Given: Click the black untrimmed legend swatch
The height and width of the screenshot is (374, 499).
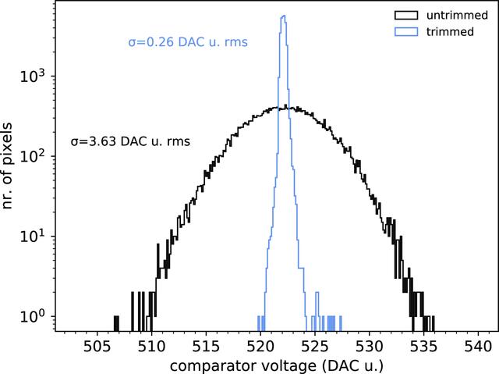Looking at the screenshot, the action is tap(406, 16).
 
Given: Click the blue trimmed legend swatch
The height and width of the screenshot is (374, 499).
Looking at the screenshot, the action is tap(406, 31).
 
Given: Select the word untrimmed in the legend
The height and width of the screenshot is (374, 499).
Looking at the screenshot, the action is tap(457, 16).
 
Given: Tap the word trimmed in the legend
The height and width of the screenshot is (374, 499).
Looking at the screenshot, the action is tap(450, 31).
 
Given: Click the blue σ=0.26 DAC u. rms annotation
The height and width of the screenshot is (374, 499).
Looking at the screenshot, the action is tap(188, 42).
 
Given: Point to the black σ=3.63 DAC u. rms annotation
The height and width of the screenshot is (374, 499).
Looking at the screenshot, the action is tap(130, 141).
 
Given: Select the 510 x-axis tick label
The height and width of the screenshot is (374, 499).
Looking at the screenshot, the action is tap(151, 347).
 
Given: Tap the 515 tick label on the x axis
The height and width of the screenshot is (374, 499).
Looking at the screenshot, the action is tap(206, 347).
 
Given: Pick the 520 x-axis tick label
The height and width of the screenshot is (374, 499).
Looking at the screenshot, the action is tap(260, 347).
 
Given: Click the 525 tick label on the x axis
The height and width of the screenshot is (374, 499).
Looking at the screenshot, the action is tap(315, 347).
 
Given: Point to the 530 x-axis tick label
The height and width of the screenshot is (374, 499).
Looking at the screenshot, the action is tap(369, 347).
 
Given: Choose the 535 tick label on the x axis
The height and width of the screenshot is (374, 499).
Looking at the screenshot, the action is tap(423, 347).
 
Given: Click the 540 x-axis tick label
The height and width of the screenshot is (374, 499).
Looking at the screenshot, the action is tap(478, 347).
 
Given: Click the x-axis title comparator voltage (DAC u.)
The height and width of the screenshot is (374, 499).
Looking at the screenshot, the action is tap(277, 365).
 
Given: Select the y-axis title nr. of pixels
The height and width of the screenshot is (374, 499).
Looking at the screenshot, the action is tap(7, 166).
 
